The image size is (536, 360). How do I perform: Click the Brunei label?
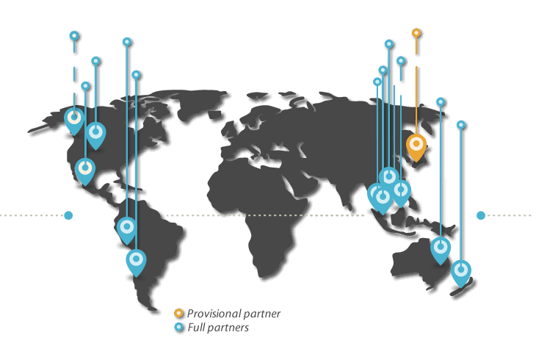pyautogui.click(x=421, y=61)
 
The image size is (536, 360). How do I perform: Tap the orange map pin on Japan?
pyautogui.click(x=416, y=147)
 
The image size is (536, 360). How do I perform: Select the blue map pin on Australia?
pyautogui.click(x=440, y=249)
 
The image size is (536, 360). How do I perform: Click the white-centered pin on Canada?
pyautogui.click(x=74, y=118)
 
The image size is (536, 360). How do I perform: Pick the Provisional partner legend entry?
pyautogui.click(x=233, y=314)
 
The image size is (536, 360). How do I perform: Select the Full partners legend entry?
pyautogui.click(x=217, y=328)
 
